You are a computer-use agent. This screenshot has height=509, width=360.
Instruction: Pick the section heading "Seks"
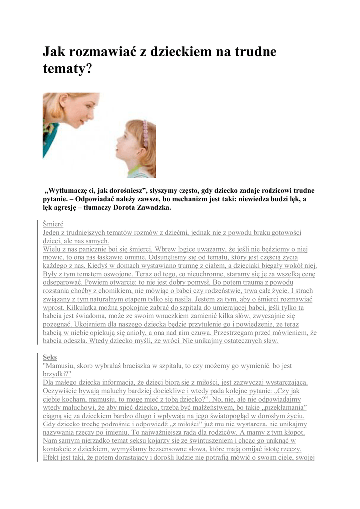50,357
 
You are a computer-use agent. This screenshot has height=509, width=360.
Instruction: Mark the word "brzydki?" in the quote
57,374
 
